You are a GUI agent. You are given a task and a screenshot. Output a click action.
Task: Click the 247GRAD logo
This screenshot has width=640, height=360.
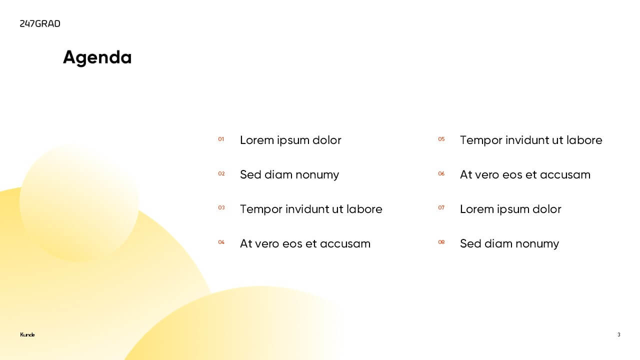tap(40, 23)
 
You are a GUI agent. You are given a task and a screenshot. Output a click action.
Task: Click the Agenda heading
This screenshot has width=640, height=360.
tap(97, 57)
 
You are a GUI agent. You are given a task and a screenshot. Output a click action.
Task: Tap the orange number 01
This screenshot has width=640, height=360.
tap(221, 139)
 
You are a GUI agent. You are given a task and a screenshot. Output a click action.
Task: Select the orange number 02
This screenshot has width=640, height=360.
tap(221, 173)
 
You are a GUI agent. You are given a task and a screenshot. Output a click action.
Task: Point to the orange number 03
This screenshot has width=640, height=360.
tap(221, 207)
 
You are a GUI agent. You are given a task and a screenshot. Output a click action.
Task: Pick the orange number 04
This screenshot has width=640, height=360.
tap(221, 242)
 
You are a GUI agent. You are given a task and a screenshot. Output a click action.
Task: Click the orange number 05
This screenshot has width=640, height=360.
tap(441, 139)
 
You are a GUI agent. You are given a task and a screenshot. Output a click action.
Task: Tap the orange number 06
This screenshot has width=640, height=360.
tap(441, 173)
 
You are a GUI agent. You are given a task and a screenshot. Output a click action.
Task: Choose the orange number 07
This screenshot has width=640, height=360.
tap(441, 207)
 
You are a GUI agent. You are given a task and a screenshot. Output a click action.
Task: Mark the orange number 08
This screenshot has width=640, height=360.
tap(441, 242)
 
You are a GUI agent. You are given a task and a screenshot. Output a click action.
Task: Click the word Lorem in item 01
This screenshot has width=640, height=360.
tap(257, 140)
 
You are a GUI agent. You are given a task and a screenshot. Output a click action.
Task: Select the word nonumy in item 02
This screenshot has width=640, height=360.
tap(317, 175)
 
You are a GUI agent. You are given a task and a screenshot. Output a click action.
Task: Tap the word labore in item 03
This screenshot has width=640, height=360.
tap(364, 209)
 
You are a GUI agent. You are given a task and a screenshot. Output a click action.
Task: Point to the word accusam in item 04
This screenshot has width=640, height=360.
tap(345, 244)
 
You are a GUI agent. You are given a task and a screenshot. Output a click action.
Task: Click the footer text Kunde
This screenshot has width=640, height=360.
tap(27, 334)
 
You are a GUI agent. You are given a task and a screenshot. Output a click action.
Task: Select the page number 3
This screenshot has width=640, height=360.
tap(619, 334)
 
